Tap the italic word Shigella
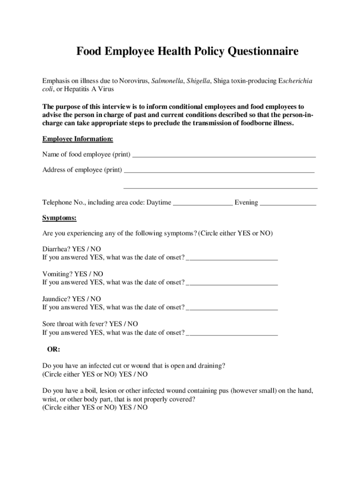(x=198, y=81)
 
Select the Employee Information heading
(x=78, y=139)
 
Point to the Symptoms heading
(x=59, y=218)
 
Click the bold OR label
(x=53, y=349)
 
